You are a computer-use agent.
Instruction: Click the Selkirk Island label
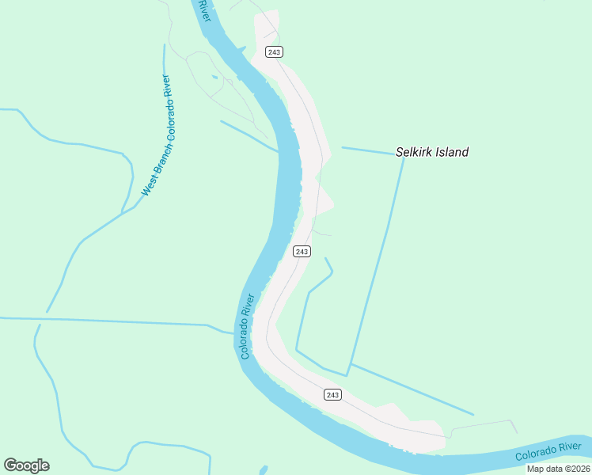coord(431,152)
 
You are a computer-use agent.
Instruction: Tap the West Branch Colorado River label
coord(157,135)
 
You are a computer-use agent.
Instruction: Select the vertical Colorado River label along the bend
coord(247,326)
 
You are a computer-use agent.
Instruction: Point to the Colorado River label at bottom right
coord(548,452)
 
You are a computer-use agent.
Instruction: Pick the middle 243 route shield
coord(302,252)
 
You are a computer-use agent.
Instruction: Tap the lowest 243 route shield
coord(332,394)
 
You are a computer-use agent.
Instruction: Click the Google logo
coord(26,465)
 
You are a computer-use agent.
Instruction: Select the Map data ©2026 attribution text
coord(558,469)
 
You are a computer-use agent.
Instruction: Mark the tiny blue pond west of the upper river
coord(214,78)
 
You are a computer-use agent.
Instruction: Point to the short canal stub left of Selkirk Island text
coord(368,150)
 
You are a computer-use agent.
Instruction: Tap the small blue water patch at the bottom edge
coord(263,470)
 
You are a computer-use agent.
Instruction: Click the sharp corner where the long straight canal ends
coord(347,374)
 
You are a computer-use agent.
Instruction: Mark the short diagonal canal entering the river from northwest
coord(249,135)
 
